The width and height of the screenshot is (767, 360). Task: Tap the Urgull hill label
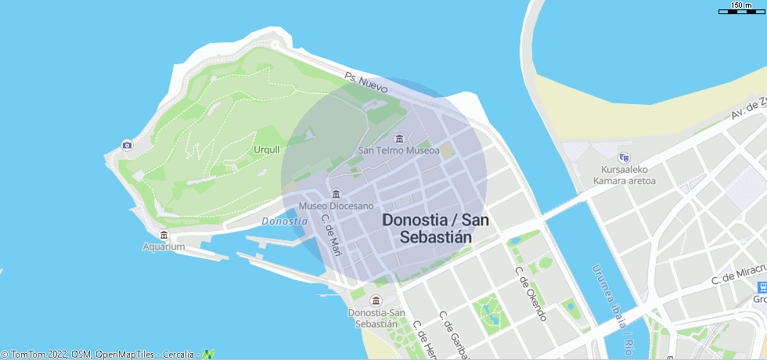click(266, 149)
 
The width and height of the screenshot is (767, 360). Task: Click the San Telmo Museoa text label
click(398, 150)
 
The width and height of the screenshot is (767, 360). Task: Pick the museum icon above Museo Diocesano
click(337, 194)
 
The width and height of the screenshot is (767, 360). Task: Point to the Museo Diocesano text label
click(337, 206)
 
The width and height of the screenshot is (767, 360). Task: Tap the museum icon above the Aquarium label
click(164, 235)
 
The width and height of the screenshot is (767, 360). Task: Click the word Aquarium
click(164, 247)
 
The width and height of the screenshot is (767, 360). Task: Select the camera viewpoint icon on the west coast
click(127, 145)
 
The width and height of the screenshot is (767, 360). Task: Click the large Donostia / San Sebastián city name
click(435, 229)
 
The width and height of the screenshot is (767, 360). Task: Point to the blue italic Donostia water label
click(284, 221)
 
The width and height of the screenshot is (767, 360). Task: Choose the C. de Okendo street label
click(530, 293)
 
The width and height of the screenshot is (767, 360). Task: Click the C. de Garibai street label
click(453, 335)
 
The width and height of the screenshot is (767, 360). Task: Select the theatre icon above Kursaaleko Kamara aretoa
click(624, 157)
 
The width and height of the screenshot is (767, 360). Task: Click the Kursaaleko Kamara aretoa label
click(624, 175)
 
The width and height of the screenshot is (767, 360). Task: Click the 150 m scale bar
click(740, 11)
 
